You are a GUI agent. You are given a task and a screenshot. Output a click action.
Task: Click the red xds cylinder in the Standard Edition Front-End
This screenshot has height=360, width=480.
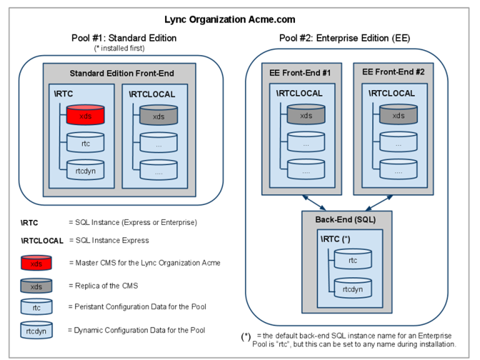pyautogui.click(x=84, y=116)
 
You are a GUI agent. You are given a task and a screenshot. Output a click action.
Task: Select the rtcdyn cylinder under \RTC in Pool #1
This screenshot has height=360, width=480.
pyautogui.click(x=84, y=169)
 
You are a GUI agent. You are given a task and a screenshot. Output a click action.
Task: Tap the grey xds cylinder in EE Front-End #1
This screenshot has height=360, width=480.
pyautogui.click(x=306, y=116)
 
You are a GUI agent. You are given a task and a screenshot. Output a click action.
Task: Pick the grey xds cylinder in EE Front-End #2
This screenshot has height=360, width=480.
pyautogui.click(x=397, y=116)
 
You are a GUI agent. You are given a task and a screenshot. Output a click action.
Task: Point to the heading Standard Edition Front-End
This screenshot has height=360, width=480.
pyautogui.click(x=122, y=73)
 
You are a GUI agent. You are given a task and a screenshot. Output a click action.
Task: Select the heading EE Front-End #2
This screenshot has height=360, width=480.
pyautogui.click(x=394, y=72)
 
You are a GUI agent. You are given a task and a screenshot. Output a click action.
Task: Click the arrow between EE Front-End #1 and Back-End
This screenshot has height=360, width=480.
pyautogui.click(x=314, y=201)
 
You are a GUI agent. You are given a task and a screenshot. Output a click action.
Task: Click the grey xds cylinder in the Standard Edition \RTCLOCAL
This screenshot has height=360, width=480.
pyautogui.click(x=159, y=116)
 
